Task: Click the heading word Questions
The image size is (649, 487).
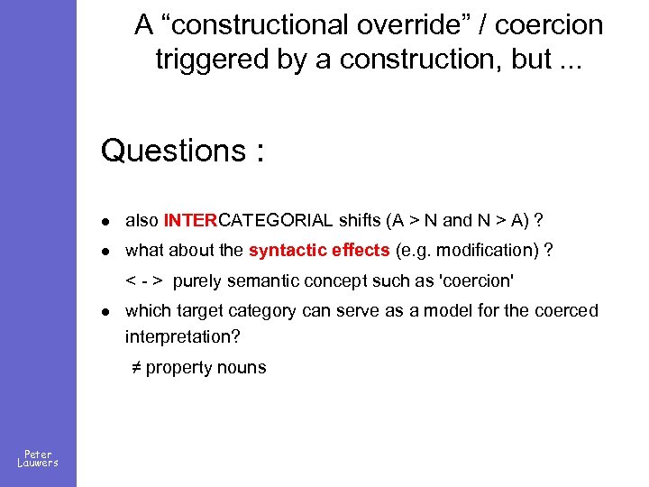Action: [169, 150]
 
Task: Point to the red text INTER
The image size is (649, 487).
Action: [191, 221]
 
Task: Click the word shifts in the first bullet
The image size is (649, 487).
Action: [360, 221]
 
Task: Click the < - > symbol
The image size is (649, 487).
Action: [144, 280]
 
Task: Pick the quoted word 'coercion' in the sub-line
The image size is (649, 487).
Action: [475, 280]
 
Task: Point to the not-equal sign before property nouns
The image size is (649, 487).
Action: [135, 367]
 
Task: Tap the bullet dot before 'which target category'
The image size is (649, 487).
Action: [105, 312]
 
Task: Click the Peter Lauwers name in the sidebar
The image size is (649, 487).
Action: [38, 458]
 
